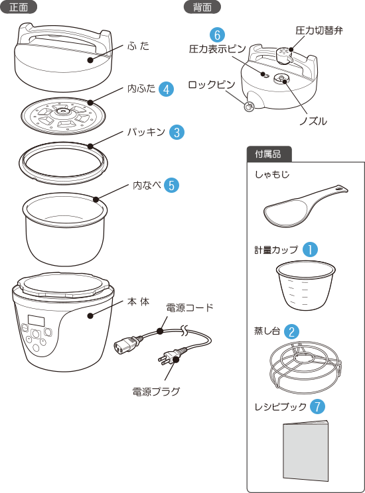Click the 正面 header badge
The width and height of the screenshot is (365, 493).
point(19,7)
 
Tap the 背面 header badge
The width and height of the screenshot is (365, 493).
point(202,7)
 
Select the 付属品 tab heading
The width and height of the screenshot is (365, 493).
point(269,154)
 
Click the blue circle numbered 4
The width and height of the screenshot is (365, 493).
point(166,89)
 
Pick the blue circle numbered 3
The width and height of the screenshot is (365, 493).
point(177,132)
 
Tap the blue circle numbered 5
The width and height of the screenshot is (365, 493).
point(172,185)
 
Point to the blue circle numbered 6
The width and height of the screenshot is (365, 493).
point(217,34)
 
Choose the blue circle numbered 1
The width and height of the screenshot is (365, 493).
point(310,250)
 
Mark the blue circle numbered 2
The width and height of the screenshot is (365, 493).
point(291,331)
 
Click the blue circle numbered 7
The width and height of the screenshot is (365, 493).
point(317,406)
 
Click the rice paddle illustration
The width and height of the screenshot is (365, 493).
point(305,206)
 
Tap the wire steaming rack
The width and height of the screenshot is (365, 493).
point(305,368)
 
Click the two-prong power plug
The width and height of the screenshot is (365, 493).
point(169,357)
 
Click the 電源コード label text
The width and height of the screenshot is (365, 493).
point(190,308)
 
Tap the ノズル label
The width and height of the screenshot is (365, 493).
point(313,121)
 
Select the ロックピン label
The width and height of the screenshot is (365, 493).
point(212,85)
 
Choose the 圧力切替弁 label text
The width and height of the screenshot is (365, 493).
point(319,30)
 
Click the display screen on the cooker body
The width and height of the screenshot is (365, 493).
point(36,321)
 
